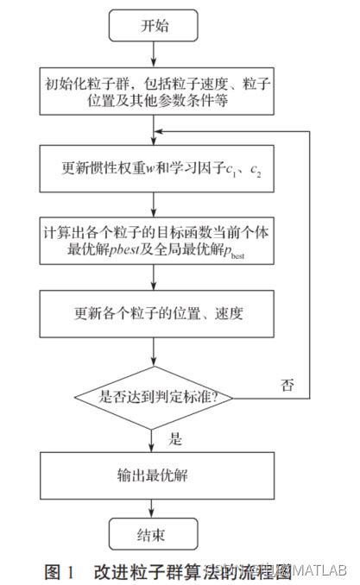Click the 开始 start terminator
tap(153, 26)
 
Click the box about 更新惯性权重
tap(153, 168)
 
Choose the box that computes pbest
tap(153, 242)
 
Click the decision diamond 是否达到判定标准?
tap(155, 397)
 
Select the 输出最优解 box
tap(153, 473)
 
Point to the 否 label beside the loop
tap(287, 385)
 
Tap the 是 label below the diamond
tap(175, 438)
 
